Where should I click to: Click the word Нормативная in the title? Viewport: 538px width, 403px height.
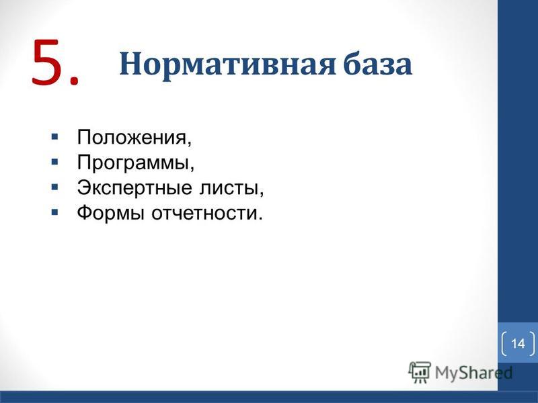227,64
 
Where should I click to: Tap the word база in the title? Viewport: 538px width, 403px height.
378,63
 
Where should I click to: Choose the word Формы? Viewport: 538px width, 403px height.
110,213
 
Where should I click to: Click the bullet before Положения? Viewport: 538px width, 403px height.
54,137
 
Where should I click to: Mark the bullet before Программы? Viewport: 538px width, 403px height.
54,162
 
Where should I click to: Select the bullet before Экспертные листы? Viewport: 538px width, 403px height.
54,187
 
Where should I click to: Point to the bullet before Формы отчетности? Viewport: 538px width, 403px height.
54,212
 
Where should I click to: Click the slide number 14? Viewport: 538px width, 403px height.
518,343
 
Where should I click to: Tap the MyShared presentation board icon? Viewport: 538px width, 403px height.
420,372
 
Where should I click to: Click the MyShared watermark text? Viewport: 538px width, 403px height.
474,373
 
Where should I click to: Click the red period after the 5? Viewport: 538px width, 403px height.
73,79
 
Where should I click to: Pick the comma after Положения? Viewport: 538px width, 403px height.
189,143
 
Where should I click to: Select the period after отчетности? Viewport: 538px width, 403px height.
260,218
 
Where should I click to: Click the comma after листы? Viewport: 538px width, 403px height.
262,193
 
